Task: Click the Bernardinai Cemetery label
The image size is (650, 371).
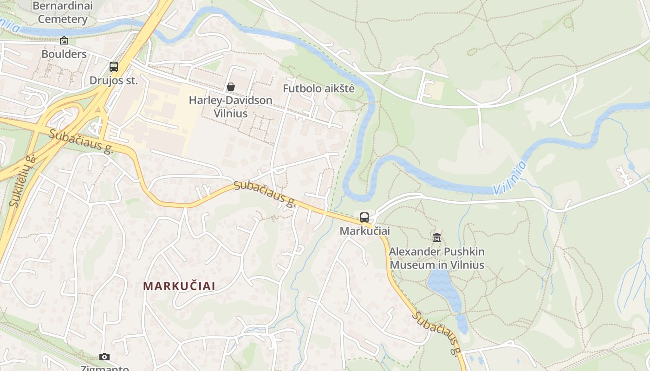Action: click(x=63, y=13)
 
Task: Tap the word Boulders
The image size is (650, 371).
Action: click(x=64, y=54)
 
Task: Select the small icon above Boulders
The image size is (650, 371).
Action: click(x=64, y=41)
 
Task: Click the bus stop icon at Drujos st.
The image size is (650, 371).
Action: click(x=114, y=66)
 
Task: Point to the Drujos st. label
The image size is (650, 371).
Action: click(x=114, y=80)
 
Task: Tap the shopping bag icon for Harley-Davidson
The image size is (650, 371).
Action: click(x=230, y=87)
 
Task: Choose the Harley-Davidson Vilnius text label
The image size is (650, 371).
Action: click(x=230, y=107)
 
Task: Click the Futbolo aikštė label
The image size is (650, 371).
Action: click(x=318, y=89)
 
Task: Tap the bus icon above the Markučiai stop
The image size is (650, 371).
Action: click(x=364, y=217)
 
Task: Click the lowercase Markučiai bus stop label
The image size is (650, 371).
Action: click(x=364, y=230)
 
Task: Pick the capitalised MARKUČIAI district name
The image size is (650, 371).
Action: click(x=179, y=286)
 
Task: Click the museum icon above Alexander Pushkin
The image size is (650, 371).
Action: click(x=436, y=238)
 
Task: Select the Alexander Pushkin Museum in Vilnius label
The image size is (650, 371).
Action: click(x=436, y=258)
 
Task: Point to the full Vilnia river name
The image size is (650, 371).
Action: click(x=510, y=178)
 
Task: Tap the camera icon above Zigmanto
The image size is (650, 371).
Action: click(x=104, y=357)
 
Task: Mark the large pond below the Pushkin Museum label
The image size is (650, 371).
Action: click(x=443, y=288)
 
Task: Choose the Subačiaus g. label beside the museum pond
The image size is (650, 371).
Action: click(x=436, y=333)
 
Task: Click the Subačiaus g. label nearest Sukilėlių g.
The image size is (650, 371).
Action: click(x=81, y=141)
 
